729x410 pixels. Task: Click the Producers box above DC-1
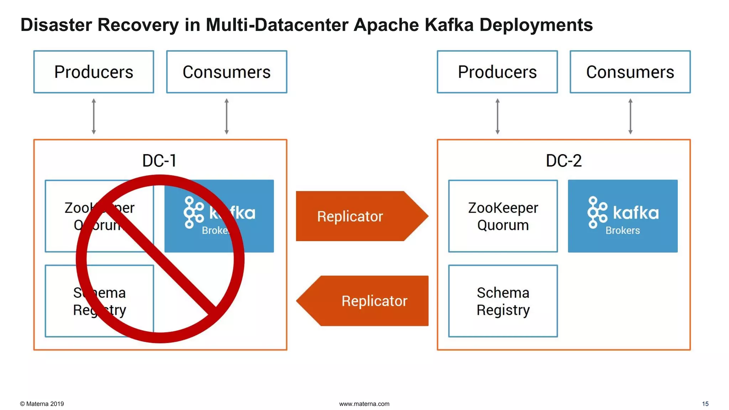coord(94,72)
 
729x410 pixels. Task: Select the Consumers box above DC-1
coord(227,72)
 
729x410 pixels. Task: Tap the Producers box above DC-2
coord(497,72)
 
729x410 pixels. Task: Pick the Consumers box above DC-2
coord(630,72)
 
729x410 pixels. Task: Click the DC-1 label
coord(159,161)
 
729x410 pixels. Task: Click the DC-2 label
coord(563,161)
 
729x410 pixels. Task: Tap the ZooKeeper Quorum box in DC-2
coord(503,216)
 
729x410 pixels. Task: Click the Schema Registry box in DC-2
coord(503,301)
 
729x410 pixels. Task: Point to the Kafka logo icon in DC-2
coord(597,212)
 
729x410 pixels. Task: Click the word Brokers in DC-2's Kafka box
coord(623,231)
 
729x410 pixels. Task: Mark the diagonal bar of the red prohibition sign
coord(160,259)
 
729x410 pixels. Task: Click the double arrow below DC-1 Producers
coord(94,116)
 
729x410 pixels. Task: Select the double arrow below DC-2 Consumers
coord(630,116)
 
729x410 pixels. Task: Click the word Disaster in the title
coord(56,25)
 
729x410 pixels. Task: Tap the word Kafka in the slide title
coord(449,25)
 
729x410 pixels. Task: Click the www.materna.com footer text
coord(364,404)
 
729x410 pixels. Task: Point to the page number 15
coord(705,404)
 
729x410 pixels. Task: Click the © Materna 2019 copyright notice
coord(42,404)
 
